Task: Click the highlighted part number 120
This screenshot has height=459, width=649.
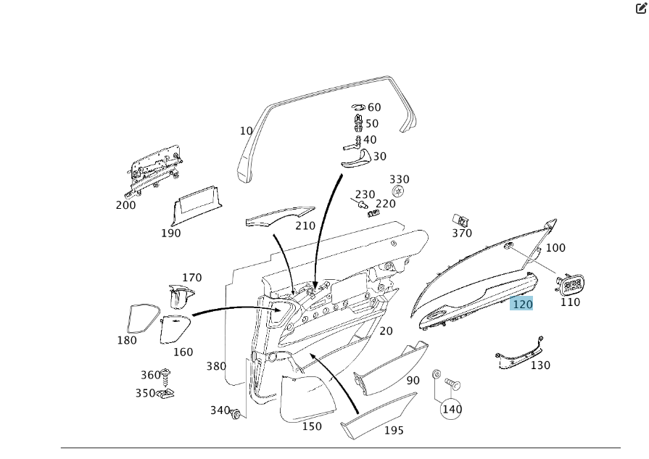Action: [522, 304]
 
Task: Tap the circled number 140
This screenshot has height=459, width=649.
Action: [452, 409]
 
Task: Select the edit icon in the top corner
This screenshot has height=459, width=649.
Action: [640, 9]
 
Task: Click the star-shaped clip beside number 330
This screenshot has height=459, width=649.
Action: [397, 191]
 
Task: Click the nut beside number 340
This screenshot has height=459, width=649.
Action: [236, 413]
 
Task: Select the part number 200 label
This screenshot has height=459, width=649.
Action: [125, 205]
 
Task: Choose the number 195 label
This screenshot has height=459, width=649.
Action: [394, 431]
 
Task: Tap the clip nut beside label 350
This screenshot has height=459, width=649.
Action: [168, 394]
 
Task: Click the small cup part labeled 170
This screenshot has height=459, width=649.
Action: [181, 296]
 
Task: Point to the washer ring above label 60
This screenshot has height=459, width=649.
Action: [358, 107]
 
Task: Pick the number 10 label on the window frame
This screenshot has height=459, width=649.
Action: [247, 131]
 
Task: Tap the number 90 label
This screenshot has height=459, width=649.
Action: [413, 381]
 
